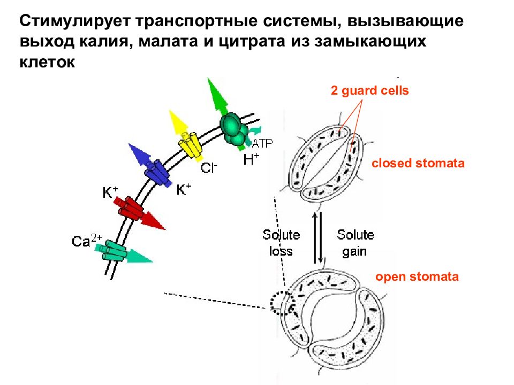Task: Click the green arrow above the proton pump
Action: tap(218, 97)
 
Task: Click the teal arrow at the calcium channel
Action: tap(139, 256)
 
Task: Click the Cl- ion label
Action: tap(209, 167)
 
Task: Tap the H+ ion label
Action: tap(252, 159)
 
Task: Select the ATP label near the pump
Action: tap(262, 143)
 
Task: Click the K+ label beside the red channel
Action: tap(110, 192)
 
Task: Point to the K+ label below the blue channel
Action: tap(184, 189)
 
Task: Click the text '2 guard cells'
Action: tap(370, 90)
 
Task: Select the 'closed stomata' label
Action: tap(418, 163)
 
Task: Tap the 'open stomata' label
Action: tap(417, 276)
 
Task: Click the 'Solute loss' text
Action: tap(281, 243)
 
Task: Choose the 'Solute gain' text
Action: tap(356, 243)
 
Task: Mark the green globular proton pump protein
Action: tap(234, 129)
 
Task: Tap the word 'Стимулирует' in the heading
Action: tap(75, 21)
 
